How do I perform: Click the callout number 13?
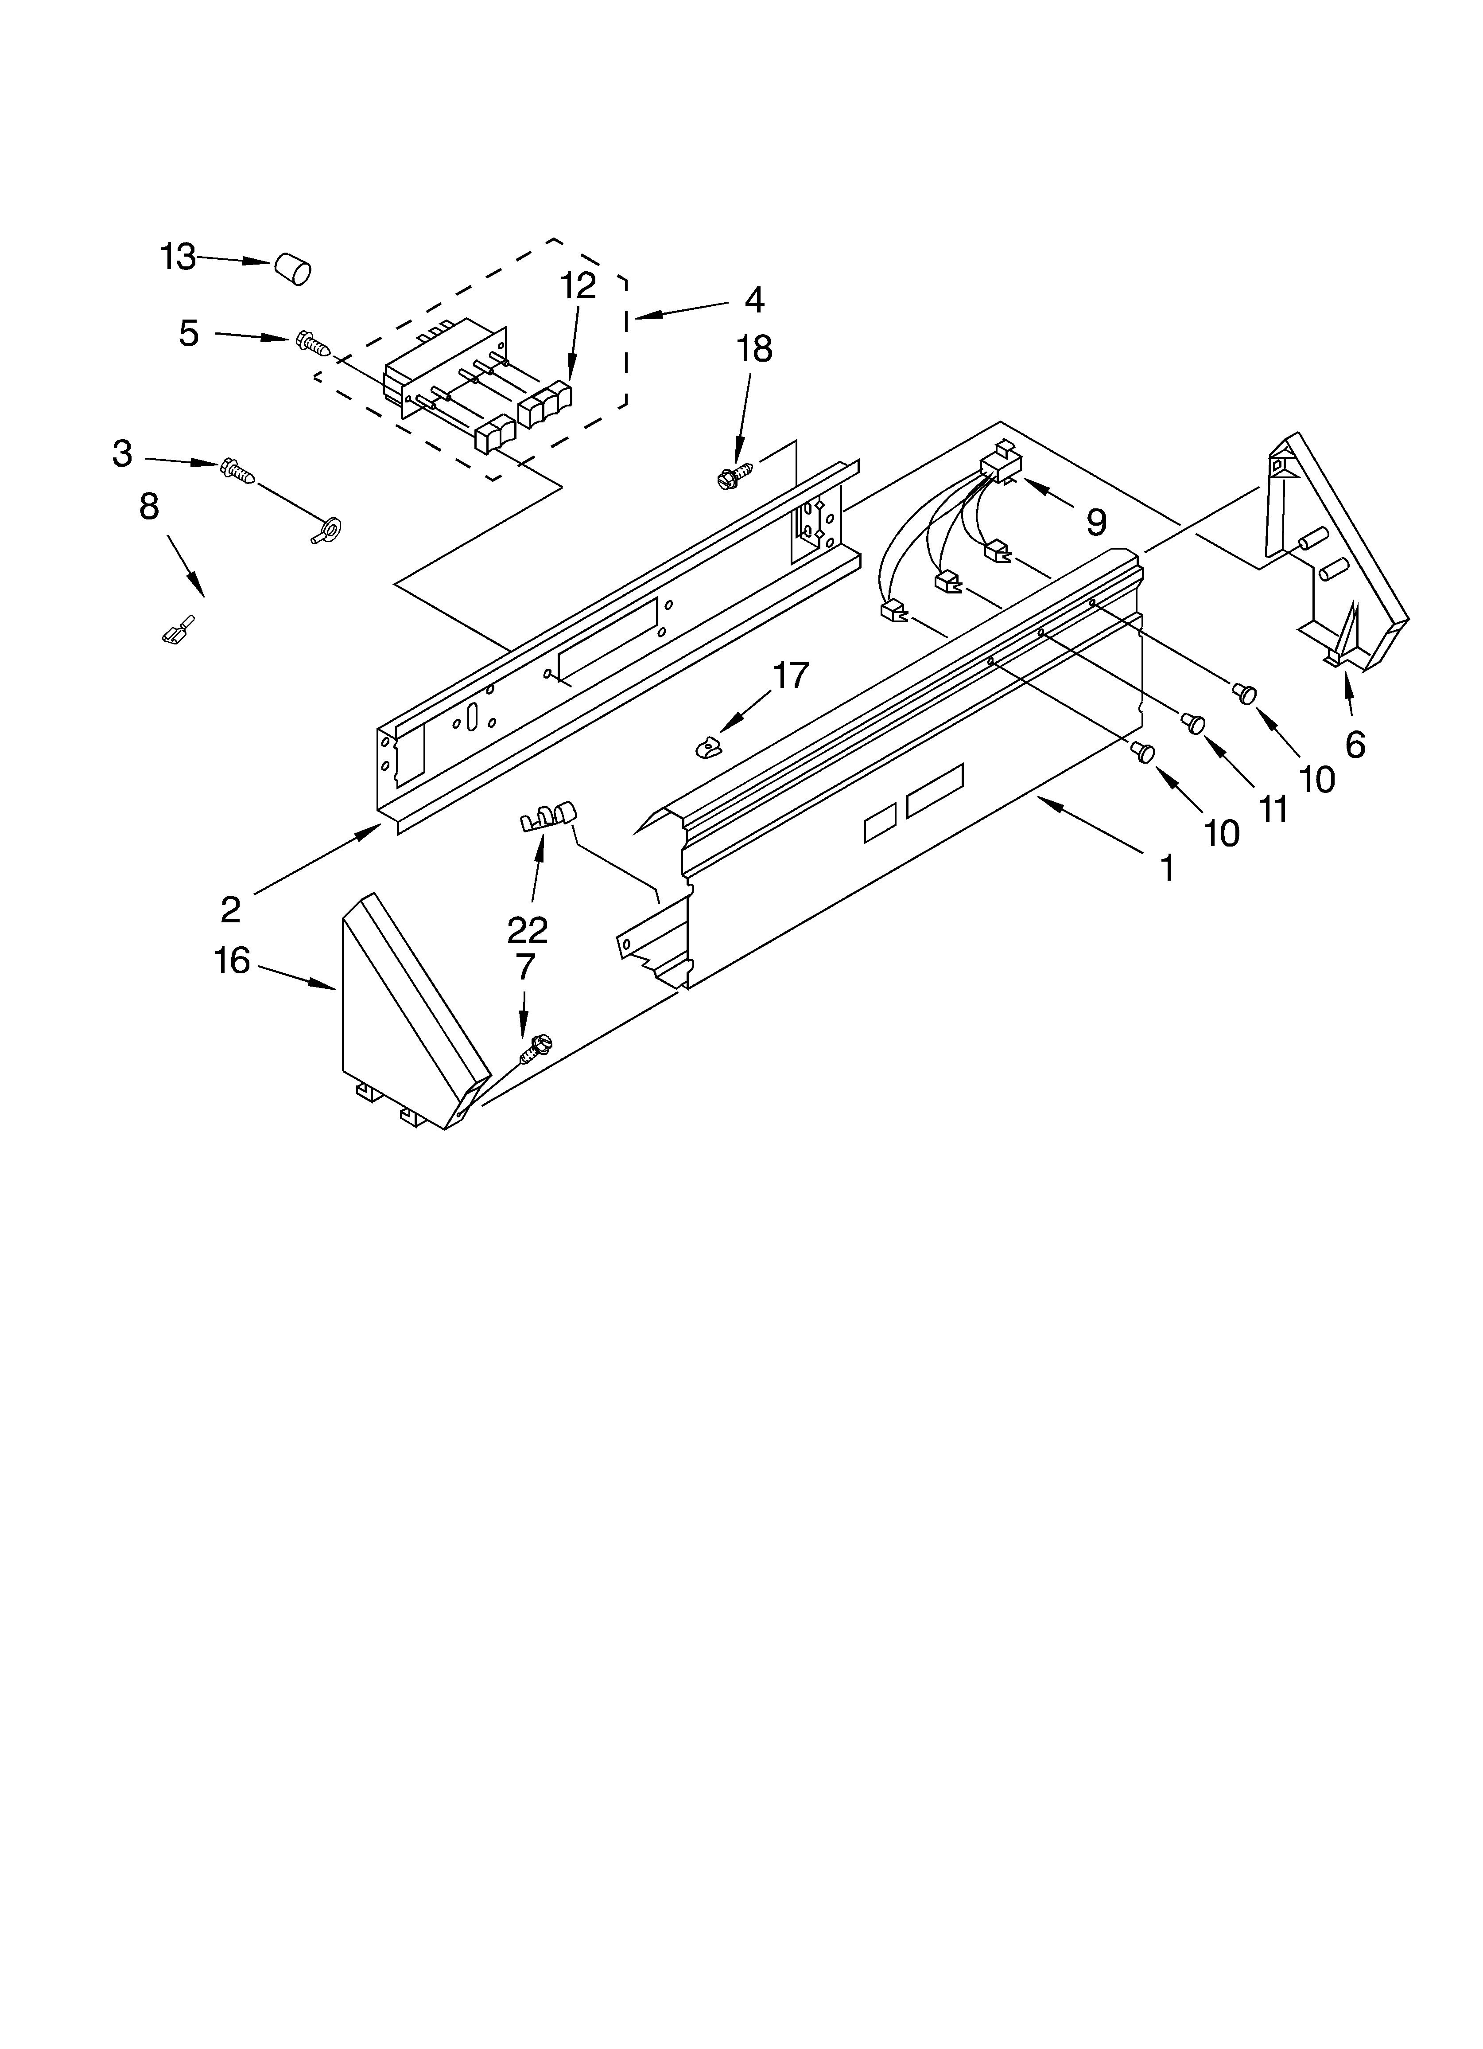178,258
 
